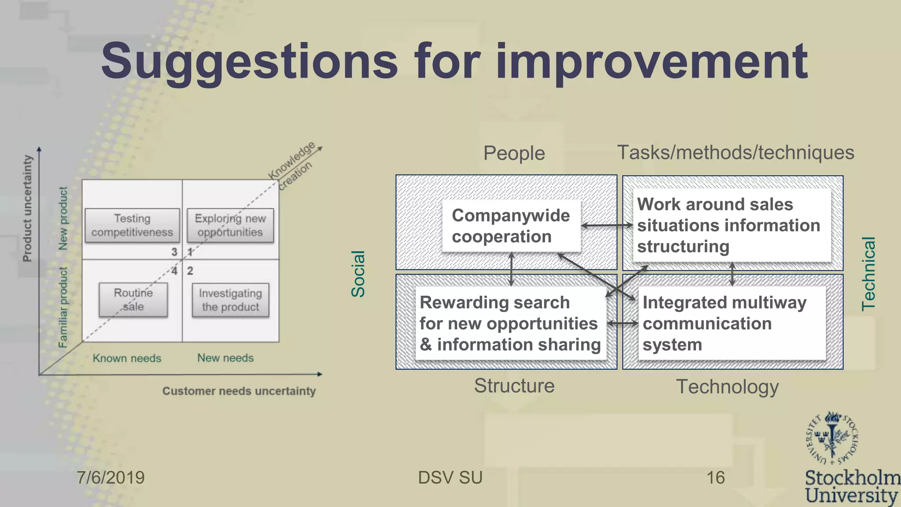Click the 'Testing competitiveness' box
click(x=132, y=225)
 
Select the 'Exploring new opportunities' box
click(x=230, y=225)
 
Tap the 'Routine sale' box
click(x=133, y=300)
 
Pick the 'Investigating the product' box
click(x=230, y=300)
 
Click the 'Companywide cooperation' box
click(x=511, y=226)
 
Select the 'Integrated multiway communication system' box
click(x=731, y=323)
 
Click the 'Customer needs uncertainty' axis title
click(x=239, y=391)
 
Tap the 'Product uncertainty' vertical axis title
click(x=27, y=208)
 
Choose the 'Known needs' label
click(x=127, y=358)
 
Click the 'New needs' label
click(x=225, y=358)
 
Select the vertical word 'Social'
click(x=358, y=274)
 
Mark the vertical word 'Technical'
click(x=868, y=274)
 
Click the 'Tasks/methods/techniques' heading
click(x=736, y=153)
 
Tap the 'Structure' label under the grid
click(x=514, y=386)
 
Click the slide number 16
click(x=715, y=478)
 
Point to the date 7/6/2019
click(x=110, y=478)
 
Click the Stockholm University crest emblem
click(x=831, y=438)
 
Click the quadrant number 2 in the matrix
click(x=190, y=271)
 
